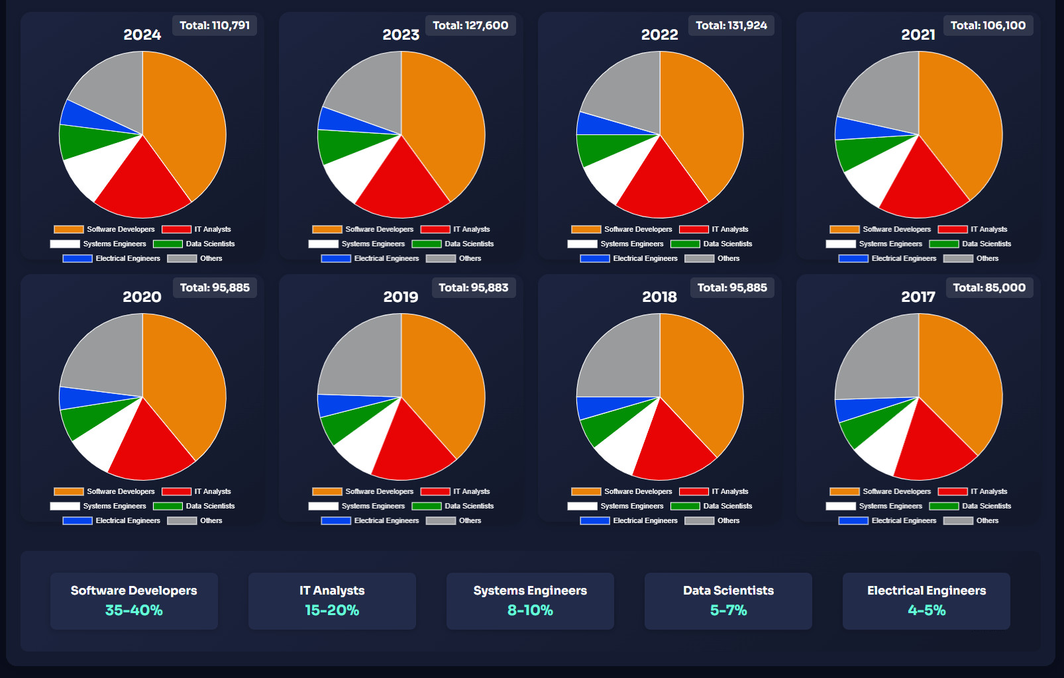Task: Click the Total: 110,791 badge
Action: click(215, 26)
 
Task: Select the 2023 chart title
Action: click(401, 35)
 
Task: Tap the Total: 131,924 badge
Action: click(731, 26)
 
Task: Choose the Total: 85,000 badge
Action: click(989, 288)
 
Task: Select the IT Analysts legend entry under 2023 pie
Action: click(456, 230)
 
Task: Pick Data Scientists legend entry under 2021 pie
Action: click(971, 244)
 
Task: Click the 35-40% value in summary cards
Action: click(134, 610)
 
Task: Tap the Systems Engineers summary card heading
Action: click(530, 591)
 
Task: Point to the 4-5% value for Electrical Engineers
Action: click(926, 610)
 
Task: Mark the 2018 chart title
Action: click(659, 297)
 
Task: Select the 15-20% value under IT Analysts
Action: click(332, 610)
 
